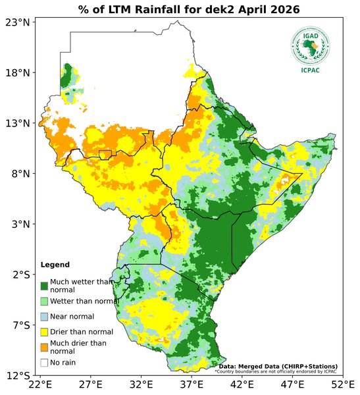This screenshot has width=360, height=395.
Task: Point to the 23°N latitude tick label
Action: click(x=18, y=22)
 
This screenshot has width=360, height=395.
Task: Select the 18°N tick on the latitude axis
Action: click(x=18, y=72)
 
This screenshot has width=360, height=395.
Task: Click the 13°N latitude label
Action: click(x=18, y=123)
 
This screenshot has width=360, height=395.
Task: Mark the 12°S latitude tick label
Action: click(x=18, y=376)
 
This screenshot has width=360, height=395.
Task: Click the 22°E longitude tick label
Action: click(x=40, y=384)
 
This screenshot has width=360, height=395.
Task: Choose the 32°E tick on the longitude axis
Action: click(x=141, y=384)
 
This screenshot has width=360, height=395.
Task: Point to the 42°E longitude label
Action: click(x=242, y=384)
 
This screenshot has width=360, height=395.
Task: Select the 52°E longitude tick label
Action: click(x=342, y=384)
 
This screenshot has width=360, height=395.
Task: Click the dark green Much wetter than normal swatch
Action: click(x=44, y=286)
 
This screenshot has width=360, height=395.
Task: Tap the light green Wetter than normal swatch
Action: click(x=44, y=301)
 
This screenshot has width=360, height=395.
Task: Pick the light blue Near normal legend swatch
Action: click(x=44, y=317)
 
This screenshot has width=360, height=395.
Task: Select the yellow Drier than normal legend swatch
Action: click(x=44, y=332)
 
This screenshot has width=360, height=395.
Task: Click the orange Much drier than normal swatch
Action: click(x=44, y=347)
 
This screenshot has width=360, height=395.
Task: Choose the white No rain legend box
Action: click(x=44, y=362)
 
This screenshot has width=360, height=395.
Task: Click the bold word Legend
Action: click(x=55, y=265)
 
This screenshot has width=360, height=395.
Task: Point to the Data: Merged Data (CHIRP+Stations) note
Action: click(x=278, y=366)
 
